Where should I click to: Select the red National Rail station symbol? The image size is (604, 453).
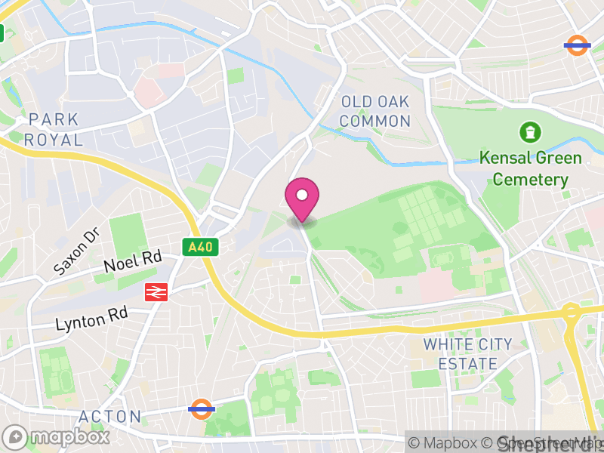click(x=156, y=292)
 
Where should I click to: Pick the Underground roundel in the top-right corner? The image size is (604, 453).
click(x=577, y=45)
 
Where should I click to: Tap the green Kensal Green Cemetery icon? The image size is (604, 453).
click(x=530, y=133)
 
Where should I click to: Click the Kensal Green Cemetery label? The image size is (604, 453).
click(x=530, y=169)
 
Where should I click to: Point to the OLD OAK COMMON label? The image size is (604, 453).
click(x=375, y=111)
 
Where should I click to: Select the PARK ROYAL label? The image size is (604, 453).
click(x=53, y=130)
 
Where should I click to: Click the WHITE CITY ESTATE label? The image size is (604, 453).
click(x=467, y=354)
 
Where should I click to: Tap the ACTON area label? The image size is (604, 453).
click(x=110, y=417)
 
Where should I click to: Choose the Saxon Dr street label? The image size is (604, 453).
click(x=76, y=252)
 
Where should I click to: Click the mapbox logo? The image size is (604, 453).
click(x=57, y=436)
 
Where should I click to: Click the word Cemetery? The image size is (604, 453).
click(x=530, y=180)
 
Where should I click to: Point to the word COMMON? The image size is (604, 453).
click(x=375, y=121)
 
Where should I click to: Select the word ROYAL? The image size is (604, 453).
click(x=53, y=140)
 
